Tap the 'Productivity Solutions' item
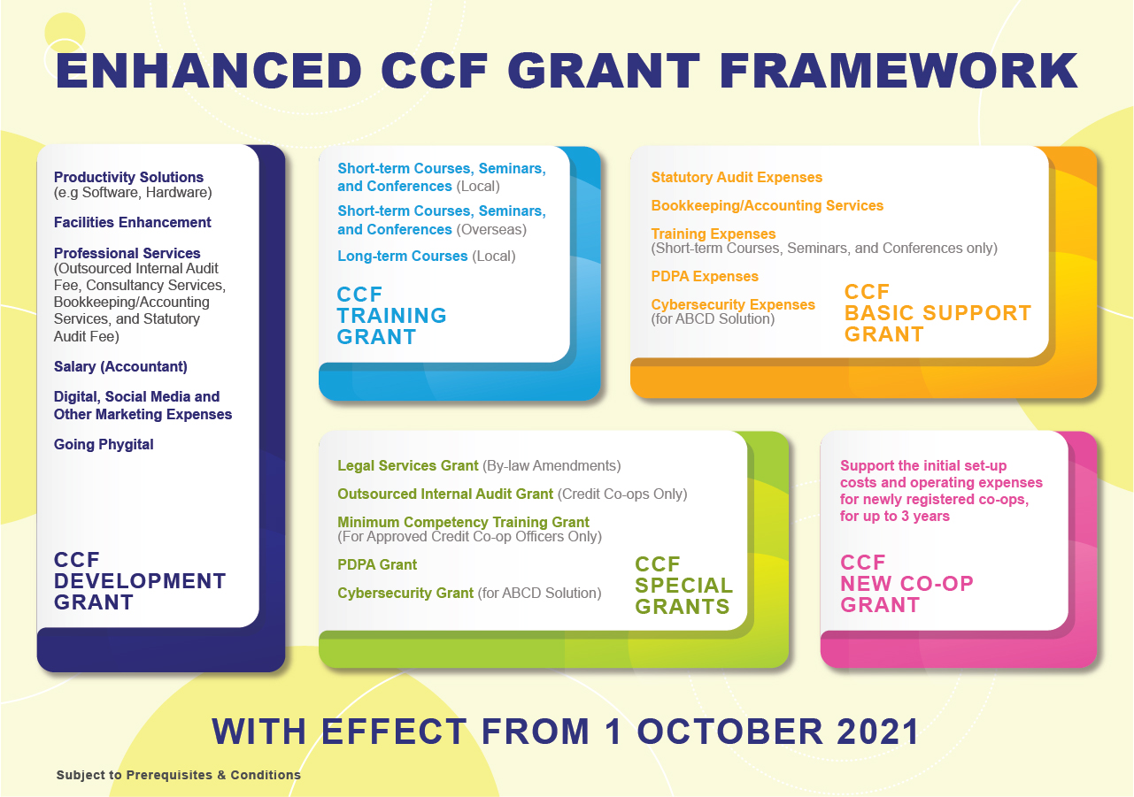(x=128, y=177)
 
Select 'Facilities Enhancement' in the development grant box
(x=133, y=222)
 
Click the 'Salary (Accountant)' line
(x=120, y=366)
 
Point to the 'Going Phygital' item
(x=104, y=444)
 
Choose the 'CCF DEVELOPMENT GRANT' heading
(x=140, y=581)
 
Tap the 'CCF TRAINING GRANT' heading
(x=391, y=316)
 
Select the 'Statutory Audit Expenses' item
(x=737, y=177)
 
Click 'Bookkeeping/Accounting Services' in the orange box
(x=767, y=205)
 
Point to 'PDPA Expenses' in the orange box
(x=705, y=276)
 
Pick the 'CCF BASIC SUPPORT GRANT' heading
(x=937, y=313)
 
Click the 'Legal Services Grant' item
(x=408, y=465)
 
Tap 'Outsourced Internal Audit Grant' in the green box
(x=445, y=494)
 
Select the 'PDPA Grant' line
(x=377, y=564)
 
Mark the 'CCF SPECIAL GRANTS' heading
(x=683, y=586)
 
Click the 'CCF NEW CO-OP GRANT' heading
(x=906, y=584)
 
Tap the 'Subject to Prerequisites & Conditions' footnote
(x=179, y=775)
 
